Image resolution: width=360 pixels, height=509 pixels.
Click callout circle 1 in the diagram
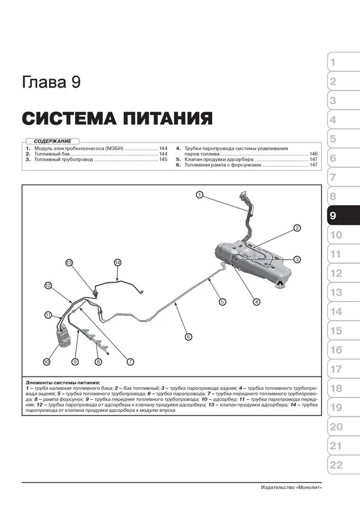point(199,194)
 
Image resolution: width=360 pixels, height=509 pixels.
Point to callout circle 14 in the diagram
point(118,262)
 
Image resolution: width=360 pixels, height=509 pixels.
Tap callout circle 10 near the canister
point(46,362)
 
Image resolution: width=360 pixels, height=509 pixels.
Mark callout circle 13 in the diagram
point(69,263)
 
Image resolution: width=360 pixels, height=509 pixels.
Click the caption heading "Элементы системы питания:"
point(63,382)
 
